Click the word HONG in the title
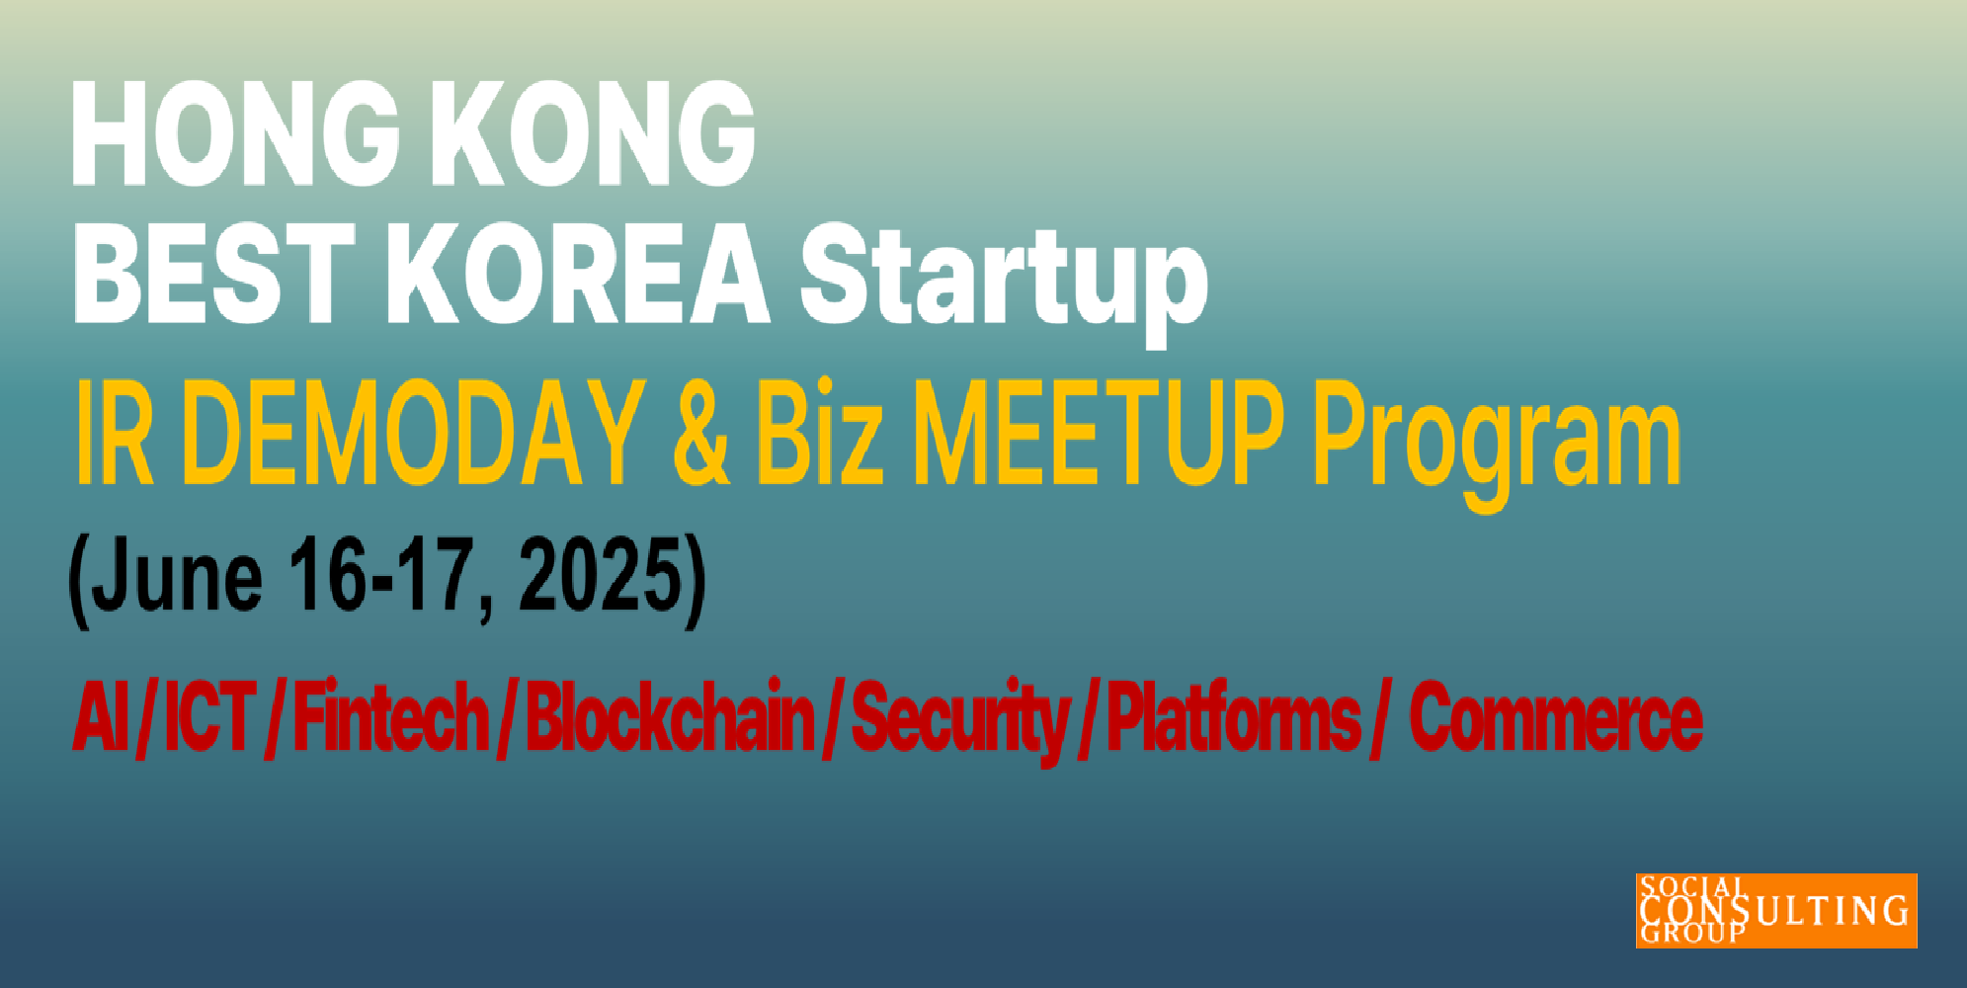click(x=236, y=133)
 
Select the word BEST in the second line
click(x=213, y=273)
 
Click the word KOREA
click(x=577, y=273)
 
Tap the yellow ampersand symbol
click(x=701, y=435)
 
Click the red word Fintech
click(x=391, y=716)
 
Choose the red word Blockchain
click(x=670, y=716)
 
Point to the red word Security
click(x=960, y=722)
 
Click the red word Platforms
click(x=1234, y=716)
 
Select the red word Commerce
click(x=1555, y=718)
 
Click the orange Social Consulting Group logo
click(x=1776, y=910)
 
